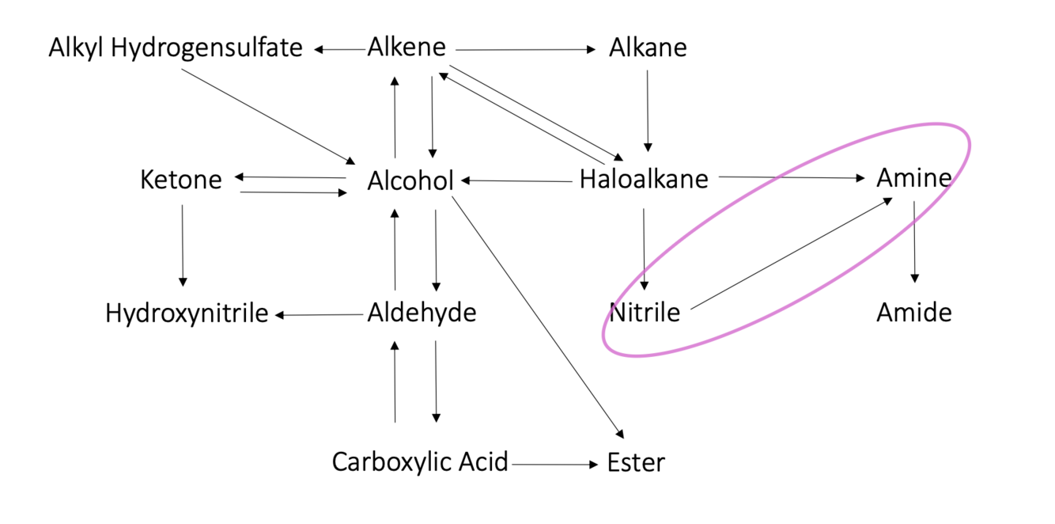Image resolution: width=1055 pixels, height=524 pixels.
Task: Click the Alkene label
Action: pyautogui.click(x=406, y=47)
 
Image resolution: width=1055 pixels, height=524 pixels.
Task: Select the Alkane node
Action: pyautogui.click(x=648, y=47)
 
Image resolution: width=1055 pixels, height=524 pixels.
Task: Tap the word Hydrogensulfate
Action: pyautogui.click(x=206, y=49)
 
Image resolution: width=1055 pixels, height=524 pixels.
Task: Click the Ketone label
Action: pyautogui.click(x=181, y=180)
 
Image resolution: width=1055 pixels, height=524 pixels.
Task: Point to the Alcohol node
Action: pyautogui.click(x=410, y=180)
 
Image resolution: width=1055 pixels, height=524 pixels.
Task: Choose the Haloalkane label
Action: pyautogui.click(x=644, y=179)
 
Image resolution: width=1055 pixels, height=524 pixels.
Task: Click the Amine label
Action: pyautogui.click(x=913, y=178)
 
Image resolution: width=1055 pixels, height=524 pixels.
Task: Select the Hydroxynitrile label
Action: pyautogui.click(x=187, y=313)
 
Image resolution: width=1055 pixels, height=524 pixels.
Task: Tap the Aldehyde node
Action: pyautogui.click(x=422, y=313)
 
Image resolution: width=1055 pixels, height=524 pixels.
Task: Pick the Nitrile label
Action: pyautogui.click(x=645, y=313)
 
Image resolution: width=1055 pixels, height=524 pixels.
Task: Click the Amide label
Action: pyautogui.click(x=913, y=313)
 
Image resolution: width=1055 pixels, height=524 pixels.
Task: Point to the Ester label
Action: pyautogui.click(x=636, y=463)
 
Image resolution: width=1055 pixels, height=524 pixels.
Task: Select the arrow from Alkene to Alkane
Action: pyautogui.click(x=526, y=50)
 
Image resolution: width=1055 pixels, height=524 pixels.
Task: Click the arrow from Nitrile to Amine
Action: pyautogui.click(x=791, y=253)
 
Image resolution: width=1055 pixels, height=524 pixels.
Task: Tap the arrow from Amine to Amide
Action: pyautogui.click(x=915, y=241)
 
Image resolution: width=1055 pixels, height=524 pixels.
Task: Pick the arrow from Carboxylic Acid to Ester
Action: pyautogui.click(x=555, y=465)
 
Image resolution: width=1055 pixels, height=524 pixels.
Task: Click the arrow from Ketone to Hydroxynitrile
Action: pyautogui.click(x=183, y=245)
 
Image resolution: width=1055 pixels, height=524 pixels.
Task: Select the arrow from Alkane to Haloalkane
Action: pyautogui.click(x=648, y=111)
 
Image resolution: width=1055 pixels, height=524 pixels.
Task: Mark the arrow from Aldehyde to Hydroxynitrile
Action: pyautogui.click(x=319, y=315)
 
